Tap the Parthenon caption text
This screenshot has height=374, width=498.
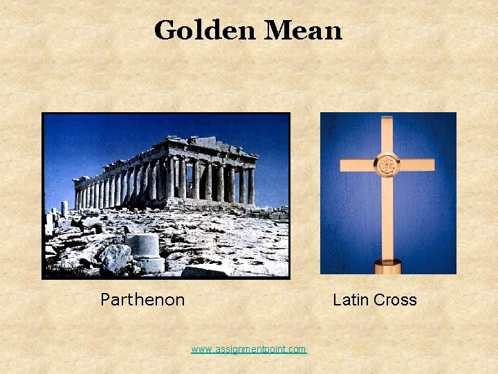[142, 300]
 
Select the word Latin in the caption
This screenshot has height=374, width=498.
[350, 300]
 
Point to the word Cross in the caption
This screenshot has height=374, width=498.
[395, 300]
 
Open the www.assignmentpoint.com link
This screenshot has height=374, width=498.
[248, 349]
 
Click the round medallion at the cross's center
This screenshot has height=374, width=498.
[387, 165]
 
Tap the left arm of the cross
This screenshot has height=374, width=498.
[357, 166]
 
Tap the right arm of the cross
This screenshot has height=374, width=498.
[416, 165]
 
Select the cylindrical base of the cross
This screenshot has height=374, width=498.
[387, 265]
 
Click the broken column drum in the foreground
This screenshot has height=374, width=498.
[142, 245]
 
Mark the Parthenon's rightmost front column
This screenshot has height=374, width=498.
[251, 186]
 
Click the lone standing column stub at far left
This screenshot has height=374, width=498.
[64, 208]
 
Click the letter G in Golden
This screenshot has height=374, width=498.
[165, 30]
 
